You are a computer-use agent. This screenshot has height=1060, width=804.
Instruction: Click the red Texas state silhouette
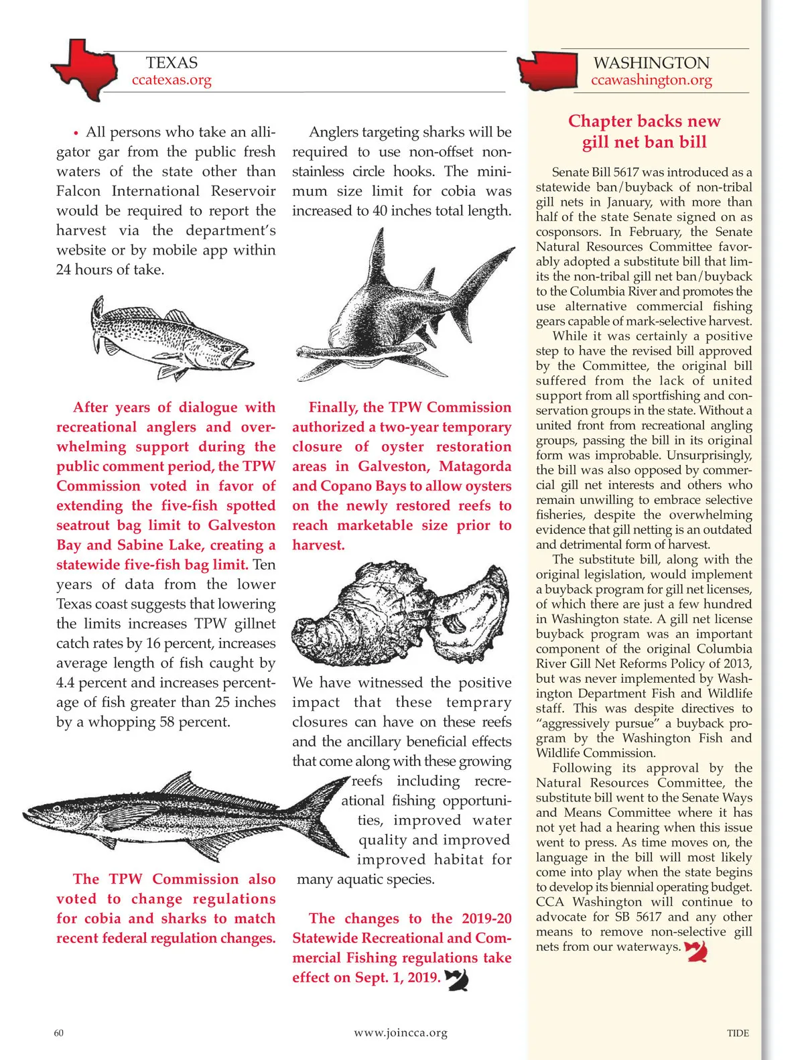84,69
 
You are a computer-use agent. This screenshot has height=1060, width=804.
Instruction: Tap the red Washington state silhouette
548,70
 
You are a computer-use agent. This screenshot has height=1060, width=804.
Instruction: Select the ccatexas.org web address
172,80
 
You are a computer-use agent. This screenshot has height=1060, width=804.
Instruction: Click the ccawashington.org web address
651,80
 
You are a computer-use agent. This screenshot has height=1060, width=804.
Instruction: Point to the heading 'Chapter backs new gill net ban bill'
644,131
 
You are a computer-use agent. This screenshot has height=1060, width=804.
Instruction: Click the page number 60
59,1033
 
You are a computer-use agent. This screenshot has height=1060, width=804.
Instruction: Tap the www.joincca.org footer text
401,1033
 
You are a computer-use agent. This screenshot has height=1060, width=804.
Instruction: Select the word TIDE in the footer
738,1033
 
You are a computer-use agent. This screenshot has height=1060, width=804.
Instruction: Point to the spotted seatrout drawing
171,338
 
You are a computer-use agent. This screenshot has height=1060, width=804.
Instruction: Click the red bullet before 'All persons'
76,133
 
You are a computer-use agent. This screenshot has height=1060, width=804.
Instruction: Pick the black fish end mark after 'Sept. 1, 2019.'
457,980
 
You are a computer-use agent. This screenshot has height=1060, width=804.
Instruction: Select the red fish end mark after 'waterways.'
696,950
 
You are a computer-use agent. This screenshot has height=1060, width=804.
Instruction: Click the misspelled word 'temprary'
478,702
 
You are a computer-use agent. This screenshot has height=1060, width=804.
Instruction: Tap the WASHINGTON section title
651,63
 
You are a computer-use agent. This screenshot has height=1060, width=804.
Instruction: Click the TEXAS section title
172,63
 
